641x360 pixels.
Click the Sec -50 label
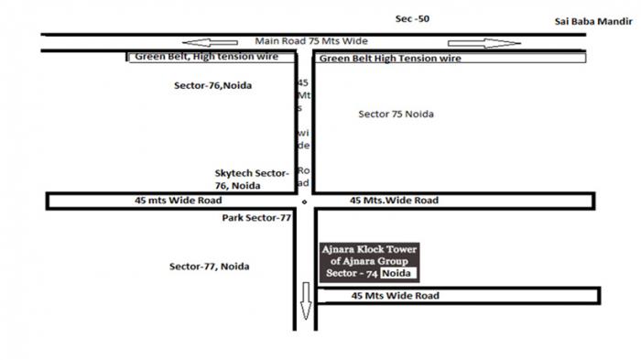[412, 19]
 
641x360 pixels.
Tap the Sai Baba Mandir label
[593, 22]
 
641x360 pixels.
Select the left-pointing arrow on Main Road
[210, 42]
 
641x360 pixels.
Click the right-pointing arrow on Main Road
[484, 43]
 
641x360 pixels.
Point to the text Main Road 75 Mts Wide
[311, 41]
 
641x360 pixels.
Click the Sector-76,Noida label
[212, 85]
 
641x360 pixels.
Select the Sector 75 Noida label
[396, 115]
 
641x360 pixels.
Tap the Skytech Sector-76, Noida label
[252, 180]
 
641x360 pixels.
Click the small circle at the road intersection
[304, 202]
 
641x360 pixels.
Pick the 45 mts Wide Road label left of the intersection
[179, 201]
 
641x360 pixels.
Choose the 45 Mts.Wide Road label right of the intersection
[394, 201]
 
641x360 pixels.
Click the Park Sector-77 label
[256, 218]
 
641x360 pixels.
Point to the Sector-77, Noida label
[210, 267]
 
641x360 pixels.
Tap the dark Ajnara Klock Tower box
[370, 262]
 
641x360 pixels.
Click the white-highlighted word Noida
[397, 273]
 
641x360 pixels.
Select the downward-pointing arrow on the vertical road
[306, 300]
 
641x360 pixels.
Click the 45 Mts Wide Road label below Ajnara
[396, 296]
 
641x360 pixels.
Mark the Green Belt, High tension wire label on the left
[206, 57]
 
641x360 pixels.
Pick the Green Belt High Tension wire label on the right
[390, 59]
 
